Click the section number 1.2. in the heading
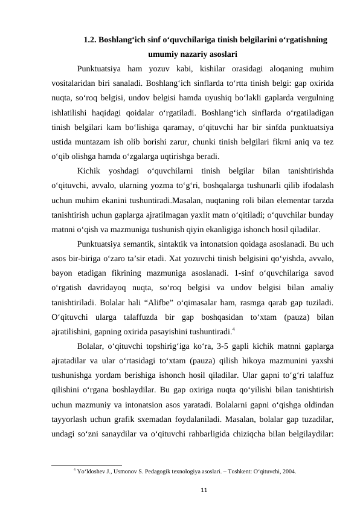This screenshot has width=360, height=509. coord(91,40)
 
